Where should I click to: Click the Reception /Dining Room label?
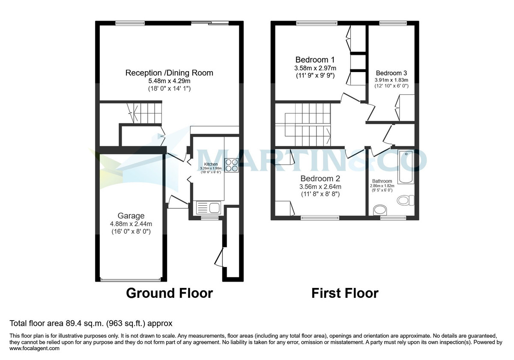point(169,73)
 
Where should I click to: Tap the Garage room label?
point(131,216)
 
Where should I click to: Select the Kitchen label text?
point(211,164)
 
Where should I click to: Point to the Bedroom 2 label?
point(320,178)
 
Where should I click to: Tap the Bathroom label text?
point(382,181)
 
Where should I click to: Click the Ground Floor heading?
point(169,293)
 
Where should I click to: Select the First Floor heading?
point(345,293)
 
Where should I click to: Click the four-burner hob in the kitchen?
point(232,165)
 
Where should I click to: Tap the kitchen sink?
point(208,208)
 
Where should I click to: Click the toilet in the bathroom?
point(405,200)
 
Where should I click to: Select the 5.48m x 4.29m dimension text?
point(169,81)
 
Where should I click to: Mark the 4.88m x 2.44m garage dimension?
point(131,224)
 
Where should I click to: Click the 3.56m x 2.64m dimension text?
point(320,186)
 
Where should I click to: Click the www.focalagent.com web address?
point(34,349)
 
